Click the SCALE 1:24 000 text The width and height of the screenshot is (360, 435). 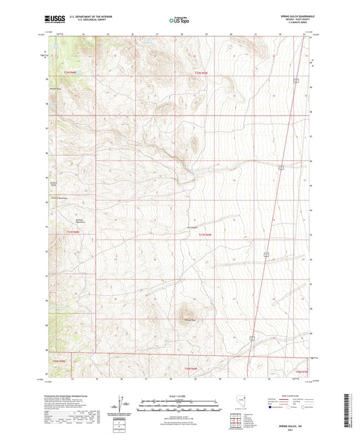179,395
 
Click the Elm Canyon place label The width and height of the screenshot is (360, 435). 192,227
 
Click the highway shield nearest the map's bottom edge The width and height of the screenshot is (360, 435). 251,336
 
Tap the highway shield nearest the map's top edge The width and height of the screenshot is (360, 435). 296,80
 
